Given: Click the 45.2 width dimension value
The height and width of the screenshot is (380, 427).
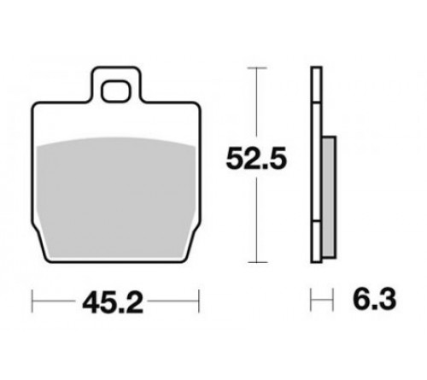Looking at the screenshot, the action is pos(113,302).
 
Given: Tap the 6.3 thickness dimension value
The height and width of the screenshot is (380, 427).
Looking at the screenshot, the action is pos(374,299).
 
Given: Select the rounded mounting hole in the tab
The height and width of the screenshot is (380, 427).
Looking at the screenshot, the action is pos(116,91).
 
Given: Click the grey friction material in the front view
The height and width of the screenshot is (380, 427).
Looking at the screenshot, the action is pos(116,199).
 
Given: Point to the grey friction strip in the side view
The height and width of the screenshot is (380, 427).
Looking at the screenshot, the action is pos(330,197).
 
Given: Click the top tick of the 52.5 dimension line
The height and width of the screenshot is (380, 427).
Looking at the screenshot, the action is pos(257,68).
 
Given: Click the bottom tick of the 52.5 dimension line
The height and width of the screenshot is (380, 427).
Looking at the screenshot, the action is pos(257,262).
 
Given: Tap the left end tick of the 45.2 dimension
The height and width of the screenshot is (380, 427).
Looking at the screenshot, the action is pos(32,301).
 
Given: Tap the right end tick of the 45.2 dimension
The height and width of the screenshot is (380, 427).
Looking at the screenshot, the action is pos(199,301).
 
